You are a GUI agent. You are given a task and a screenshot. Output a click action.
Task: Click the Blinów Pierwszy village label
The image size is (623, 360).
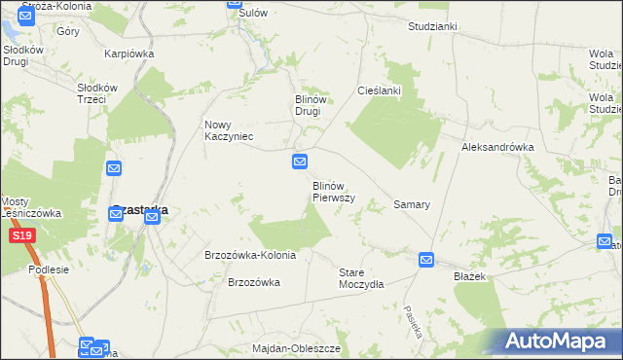pyautogui.click(x=333, y=191)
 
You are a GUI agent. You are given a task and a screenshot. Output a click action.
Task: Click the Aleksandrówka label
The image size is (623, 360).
pyautogui.click(x=497, y=147)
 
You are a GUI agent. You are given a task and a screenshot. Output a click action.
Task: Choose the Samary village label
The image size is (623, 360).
pyautogui.click(x=412, y=205)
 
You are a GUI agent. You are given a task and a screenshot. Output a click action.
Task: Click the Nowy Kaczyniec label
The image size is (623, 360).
pyautogui.click(x=229, y=130)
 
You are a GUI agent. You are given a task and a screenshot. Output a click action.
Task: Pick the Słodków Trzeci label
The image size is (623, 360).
pyautogui.click(x=104, y=93)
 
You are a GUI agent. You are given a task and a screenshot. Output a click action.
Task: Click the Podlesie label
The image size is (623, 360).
pyautogui.click(x=49, y=270)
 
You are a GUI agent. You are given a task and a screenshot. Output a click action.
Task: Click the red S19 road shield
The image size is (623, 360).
pyautogui.click(x=21, y=236)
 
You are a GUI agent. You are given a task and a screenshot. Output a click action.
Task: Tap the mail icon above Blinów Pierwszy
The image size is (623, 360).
pyautogui.click(x=301, y=162)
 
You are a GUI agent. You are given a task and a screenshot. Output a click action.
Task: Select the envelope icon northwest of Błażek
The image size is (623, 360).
pyautogui.click(x=426, y=259)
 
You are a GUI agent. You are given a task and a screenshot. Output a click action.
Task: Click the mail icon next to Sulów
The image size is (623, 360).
pyautogui.click(x=235, y=4)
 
